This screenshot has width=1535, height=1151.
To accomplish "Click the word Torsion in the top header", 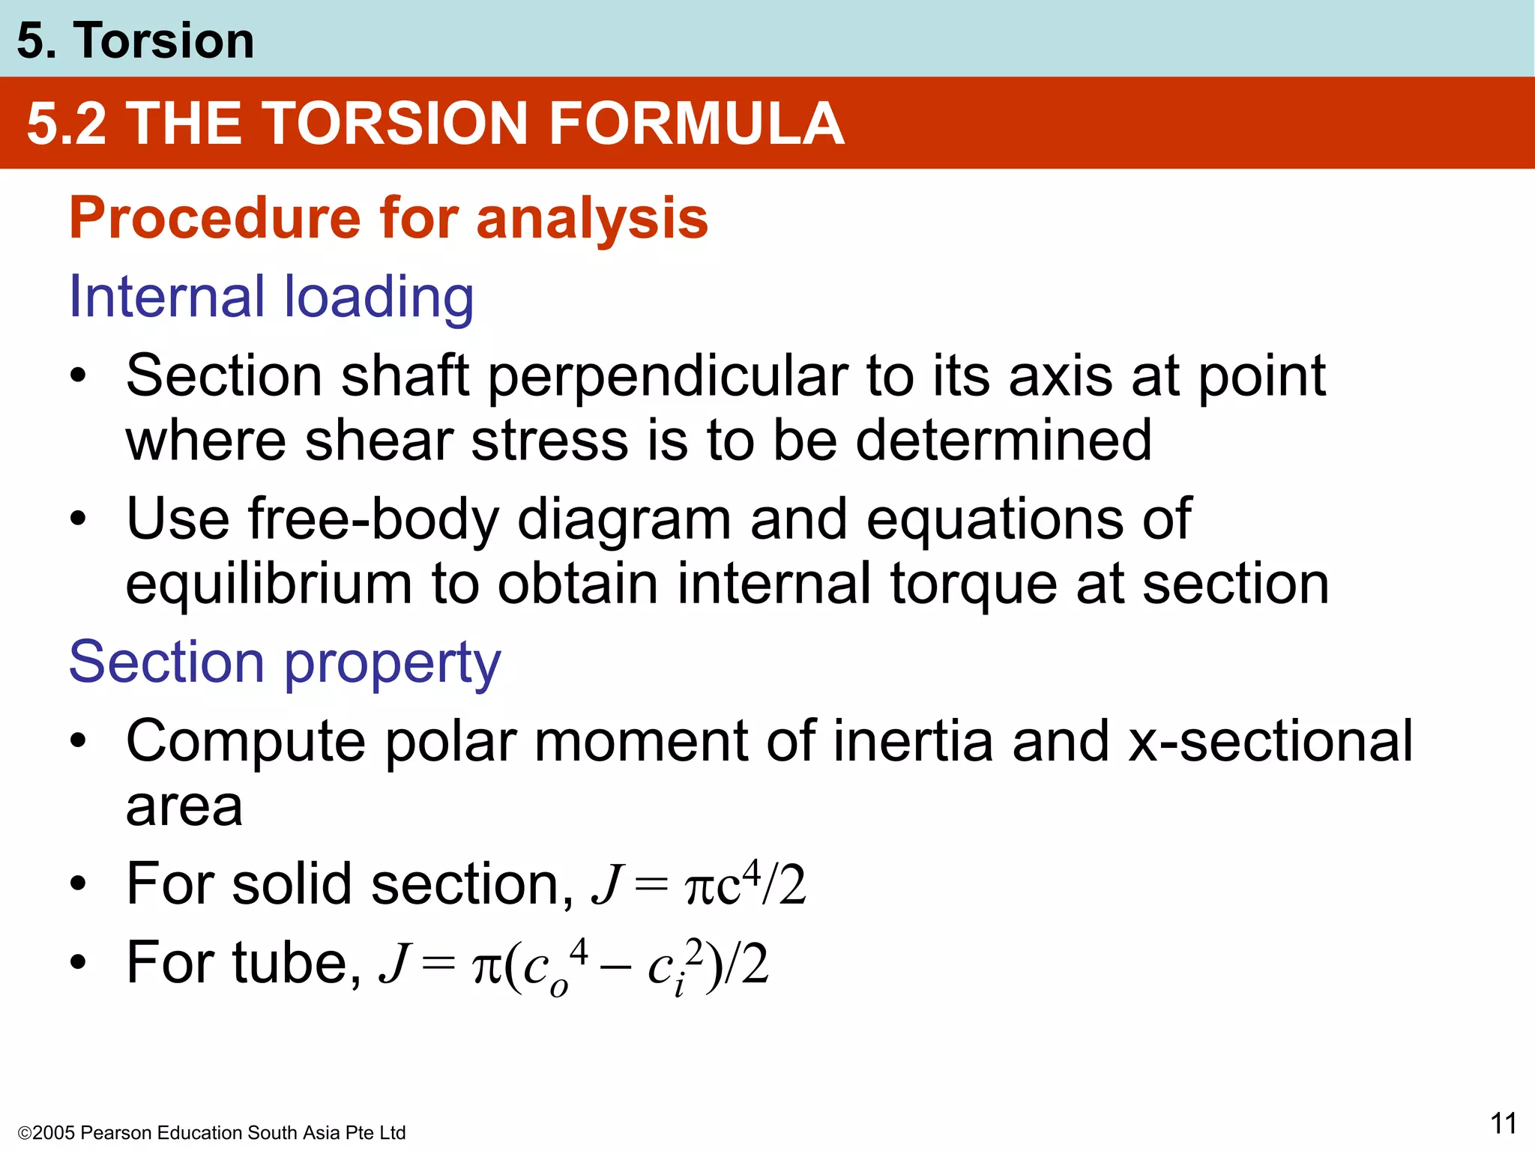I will click(x=163, y=40).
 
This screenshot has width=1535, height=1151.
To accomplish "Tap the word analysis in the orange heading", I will click(x=591, y=218).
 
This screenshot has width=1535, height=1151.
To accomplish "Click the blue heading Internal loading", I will click(x=271, y=297).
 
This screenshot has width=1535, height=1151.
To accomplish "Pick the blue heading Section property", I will click(x=285, y=662).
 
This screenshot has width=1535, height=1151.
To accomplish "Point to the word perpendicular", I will click(x=668, y=375).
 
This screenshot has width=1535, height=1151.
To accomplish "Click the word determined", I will click(x=1004, y=441).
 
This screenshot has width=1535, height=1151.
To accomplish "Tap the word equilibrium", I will click(x=268, y=584).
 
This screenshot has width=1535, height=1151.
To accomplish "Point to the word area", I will click(x=184, y=806).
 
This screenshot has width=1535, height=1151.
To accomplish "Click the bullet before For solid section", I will click(x=78, y=884).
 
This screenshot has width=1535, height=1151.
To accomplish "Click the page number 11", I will click(x=1503, y=1123).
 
